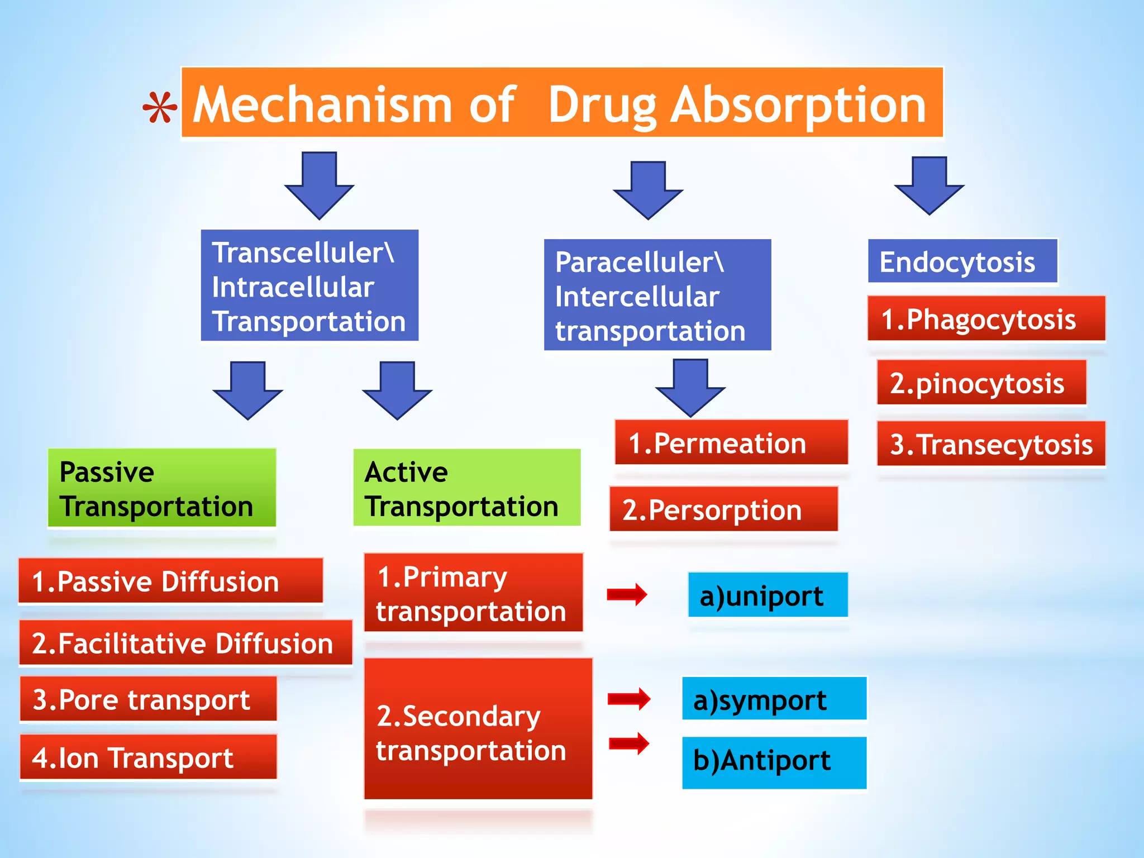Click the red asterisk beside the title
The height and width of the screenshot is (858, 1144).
click(x=160, y=108)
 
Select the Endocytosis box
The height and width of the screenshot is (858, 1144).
click(x=962, y=261)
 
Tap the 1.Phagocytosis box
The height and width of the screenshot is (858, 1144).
click(x=986, y=318)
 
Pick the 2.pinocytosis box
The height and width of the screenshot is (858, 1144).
click(x=981, y=383)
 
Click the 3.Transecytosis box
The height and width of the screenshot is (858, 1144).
click(x=990, y=444)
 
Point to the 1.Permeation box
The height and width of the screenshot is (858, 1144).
click(x=731, y=443)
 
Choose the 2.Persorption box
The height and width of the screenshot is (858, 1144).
click(x=723, y=509)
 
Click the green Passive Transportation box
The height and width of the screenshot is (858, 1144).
click(x=161, y=488)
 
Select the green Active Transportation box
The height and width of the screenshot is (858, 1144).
click(x=466, y=488)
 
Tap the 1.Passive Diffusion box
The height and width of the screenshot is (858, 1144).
click(x=170, y=581)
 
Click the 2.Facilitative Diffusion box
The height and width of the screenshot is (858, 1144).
click(x=185, y=642)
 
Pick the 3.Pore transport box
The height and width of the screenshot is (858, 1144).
click(x=148, y=699)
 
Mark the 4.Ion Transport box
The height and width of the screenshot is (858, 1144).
click(x=148, y=757)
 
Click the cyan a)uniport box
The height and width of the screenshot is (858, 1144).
click(x=768, y=595)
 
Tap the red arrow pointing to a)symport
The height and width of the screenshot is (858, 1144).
click(x=629, y=699)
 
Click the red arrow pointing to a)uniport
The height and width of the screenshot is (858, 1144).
click(x=627, y=594)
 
